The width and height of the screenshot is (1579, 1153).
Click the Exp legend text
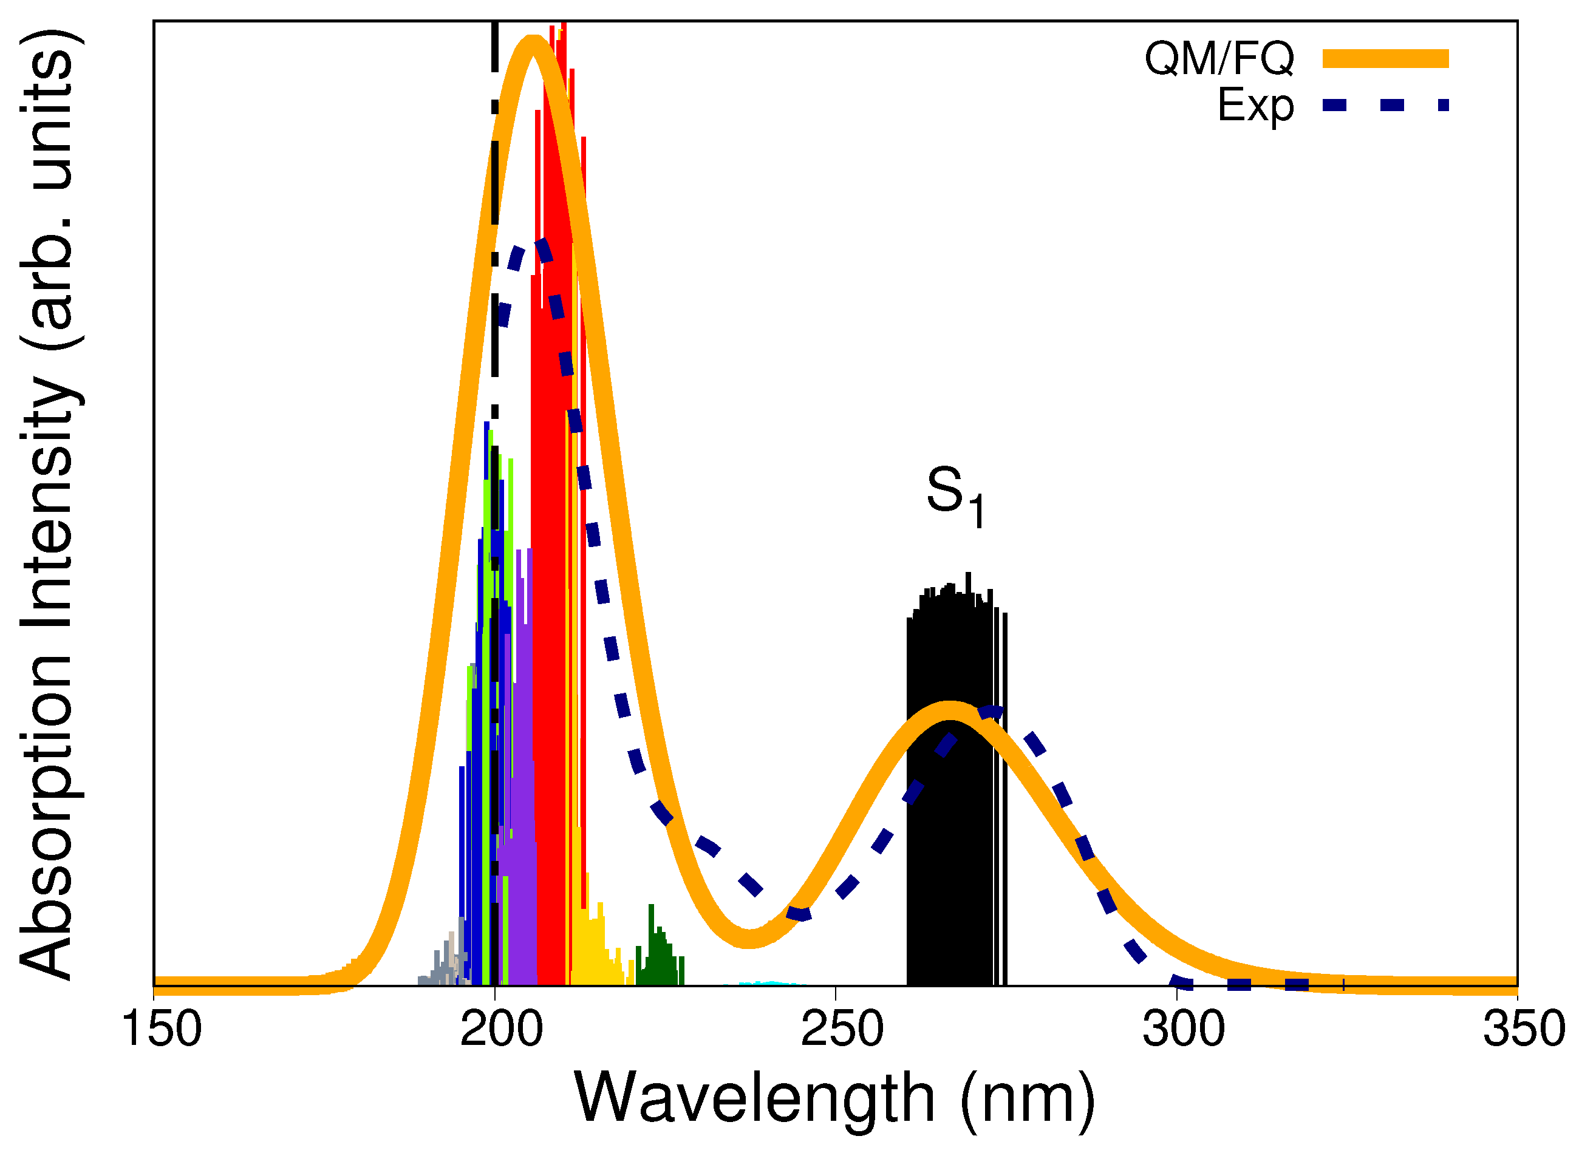coord(1255,106)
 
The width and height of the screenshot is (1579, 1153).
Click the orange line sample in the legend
coord(1386,59)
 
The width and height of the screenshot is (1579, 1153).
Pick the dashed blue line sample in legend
coord(1386,106)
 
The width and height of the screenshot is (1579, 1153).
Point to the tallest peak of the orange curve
coord(533,43)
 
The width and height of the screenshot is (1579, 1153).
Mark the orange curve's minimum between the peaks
coord(749,939)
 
